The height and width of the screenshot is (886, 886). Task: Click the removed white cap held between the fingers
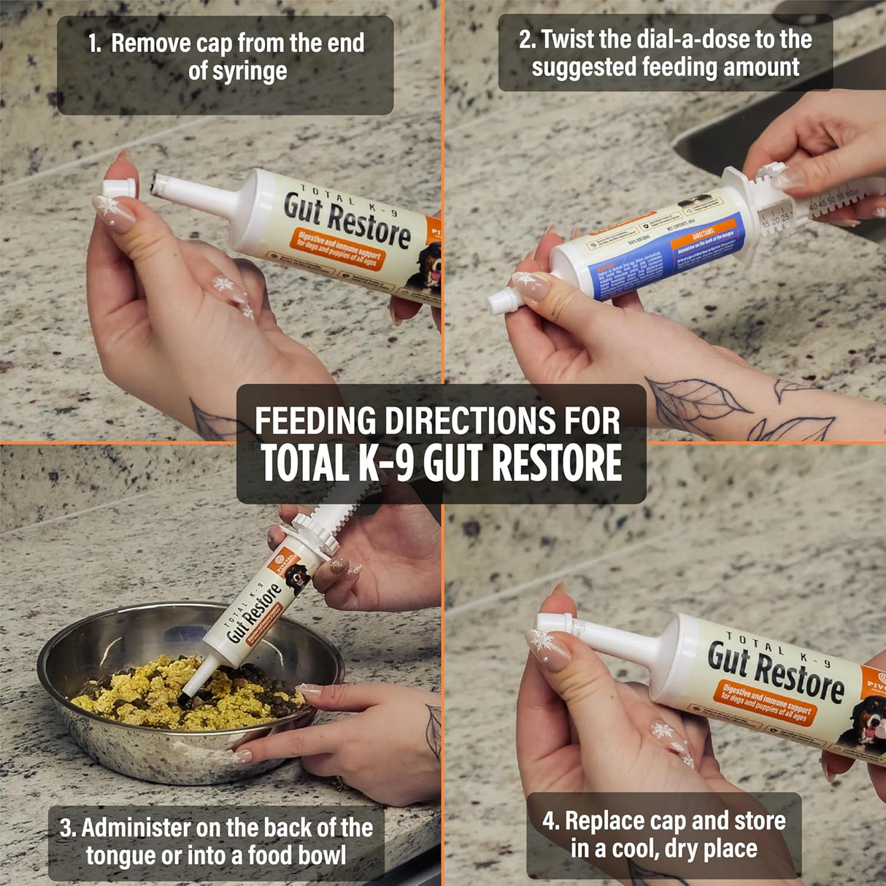[x=117, y=188]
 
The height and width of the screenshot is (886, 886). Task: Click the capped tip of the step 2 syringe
[x=501, y=301]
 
